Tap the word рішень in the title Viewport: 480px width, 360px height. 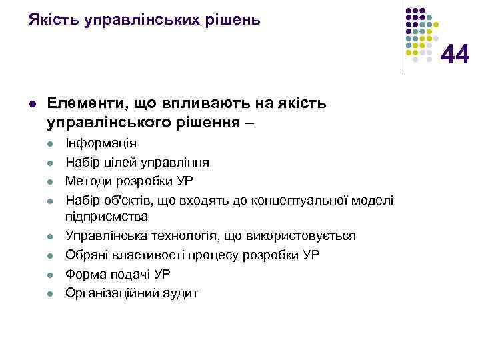click(231, 20)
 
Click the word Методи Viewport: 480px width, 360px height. click(88, 180)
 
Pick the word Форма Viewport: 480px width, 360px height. click(83, 273)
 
